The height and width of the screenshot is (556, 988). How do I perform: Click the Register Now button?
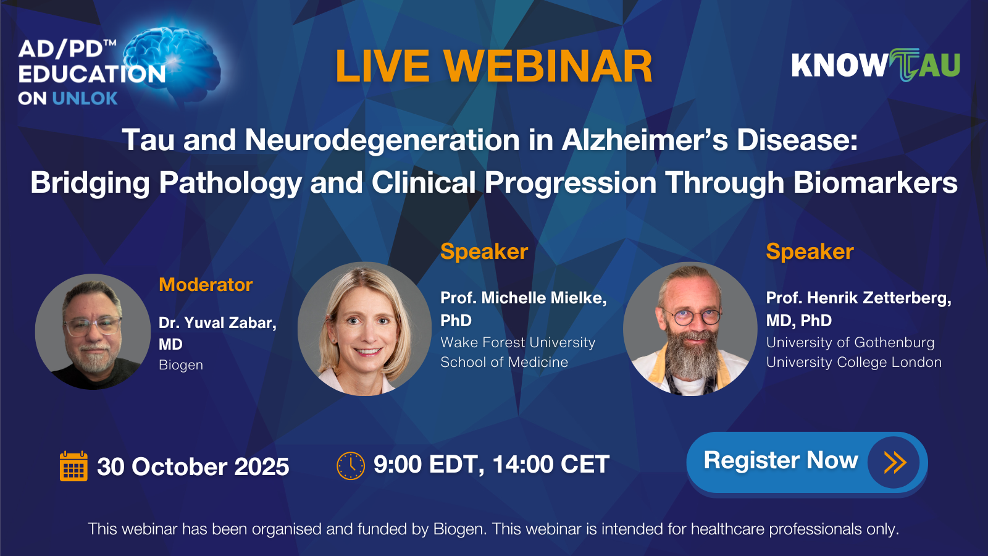coord(806,463)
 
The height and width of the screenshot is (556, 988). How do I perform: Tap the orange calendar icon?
coord(73,466)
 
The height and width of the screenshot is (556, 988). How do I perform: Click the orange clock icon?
coord(351,466)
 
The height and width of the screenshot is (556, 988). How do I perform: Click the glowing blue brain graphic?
coord(172,62)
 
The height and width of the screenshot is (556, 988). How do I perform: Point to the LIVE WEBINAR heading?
coord(493,67)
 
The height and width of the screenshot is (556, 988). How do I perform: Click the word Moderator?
coord(206,285)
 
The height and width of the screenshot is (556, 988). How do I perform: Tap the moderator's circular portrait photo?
coord(93,331)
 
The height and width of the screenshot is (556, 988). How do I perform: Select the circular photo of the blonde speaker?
coord(364,329)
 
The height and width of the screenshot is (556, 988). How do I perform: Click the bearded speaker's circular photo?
coord(690,329)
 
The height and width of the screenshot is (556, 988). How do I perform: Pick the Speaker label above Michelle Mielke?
coord(484,252)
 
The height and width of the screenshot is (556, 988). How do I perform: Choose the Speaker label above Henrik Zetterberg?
coord(810,252)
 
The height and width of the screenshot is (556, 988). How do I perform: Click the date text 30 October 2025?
coord(193,466)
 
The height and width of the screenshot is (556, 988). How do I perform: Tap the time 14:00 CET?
coord(551,464)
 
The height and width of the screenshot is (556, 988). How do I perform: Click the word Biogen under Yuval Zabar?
coord(181,365)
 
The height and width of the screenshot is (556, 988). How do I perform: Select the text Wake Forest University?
coord(518,342)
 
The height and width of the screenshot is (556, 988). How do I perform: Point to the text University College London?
coord(854,362)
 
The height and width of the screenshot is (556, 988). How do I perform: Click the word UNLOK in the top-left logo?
coord(85,98)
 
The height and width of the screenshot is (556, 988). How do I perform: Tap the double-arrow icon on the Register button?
coord(895,463)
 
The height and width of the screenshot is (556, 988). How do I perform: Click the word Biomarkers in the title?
coord(876,183)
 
